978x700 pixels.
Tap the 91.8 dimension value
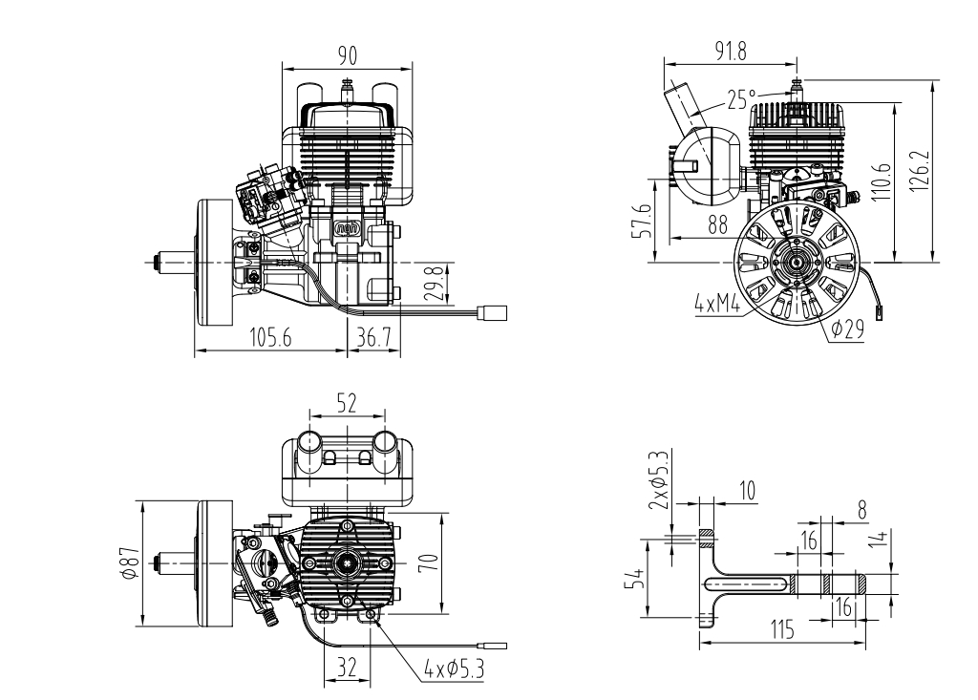pyautogui.click(x=731, y=52)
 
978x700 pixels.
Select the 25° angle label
pyautogui.click(x=741, y=98)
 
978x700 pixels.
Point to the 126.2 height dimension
pyautogui.click(x=920, y=171)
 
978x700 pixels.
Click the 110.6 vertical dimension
pyautogui.click(x=881, y=181)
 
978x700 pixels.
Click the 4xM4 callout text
pyautogui.click(x=717, y=305)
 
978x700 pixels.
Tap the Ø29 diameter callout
pyautogui.click(x=848, y=329)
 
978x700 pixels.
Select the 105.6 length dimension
pyautogui.click(x=270, y=337)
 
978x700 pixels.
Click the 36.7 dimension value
pyautogui.click(x=373, y=337)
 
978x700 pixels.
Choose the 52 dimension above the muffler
pyautogui.click(x=347, y=403)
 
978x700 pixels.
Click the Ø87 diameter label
pyautogui.click(x=130, y=562)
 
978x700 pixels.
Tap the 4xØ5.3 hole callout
pyautogui.click(x=454, y=670)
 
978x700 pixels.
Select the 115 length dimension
pyautogui.click(x=782, y=629)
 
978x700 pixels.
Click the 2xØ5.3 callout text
pyautogui.click(x=659, y=479)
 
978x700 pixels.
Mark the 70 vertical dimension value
pyautogui.click(x=429, y=562)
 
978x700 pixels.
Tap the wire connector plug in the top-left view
pyautogui.click(x=492, y=312)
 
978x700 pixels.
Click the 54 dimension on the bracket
pyautogui.click(x=635, y=579)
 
